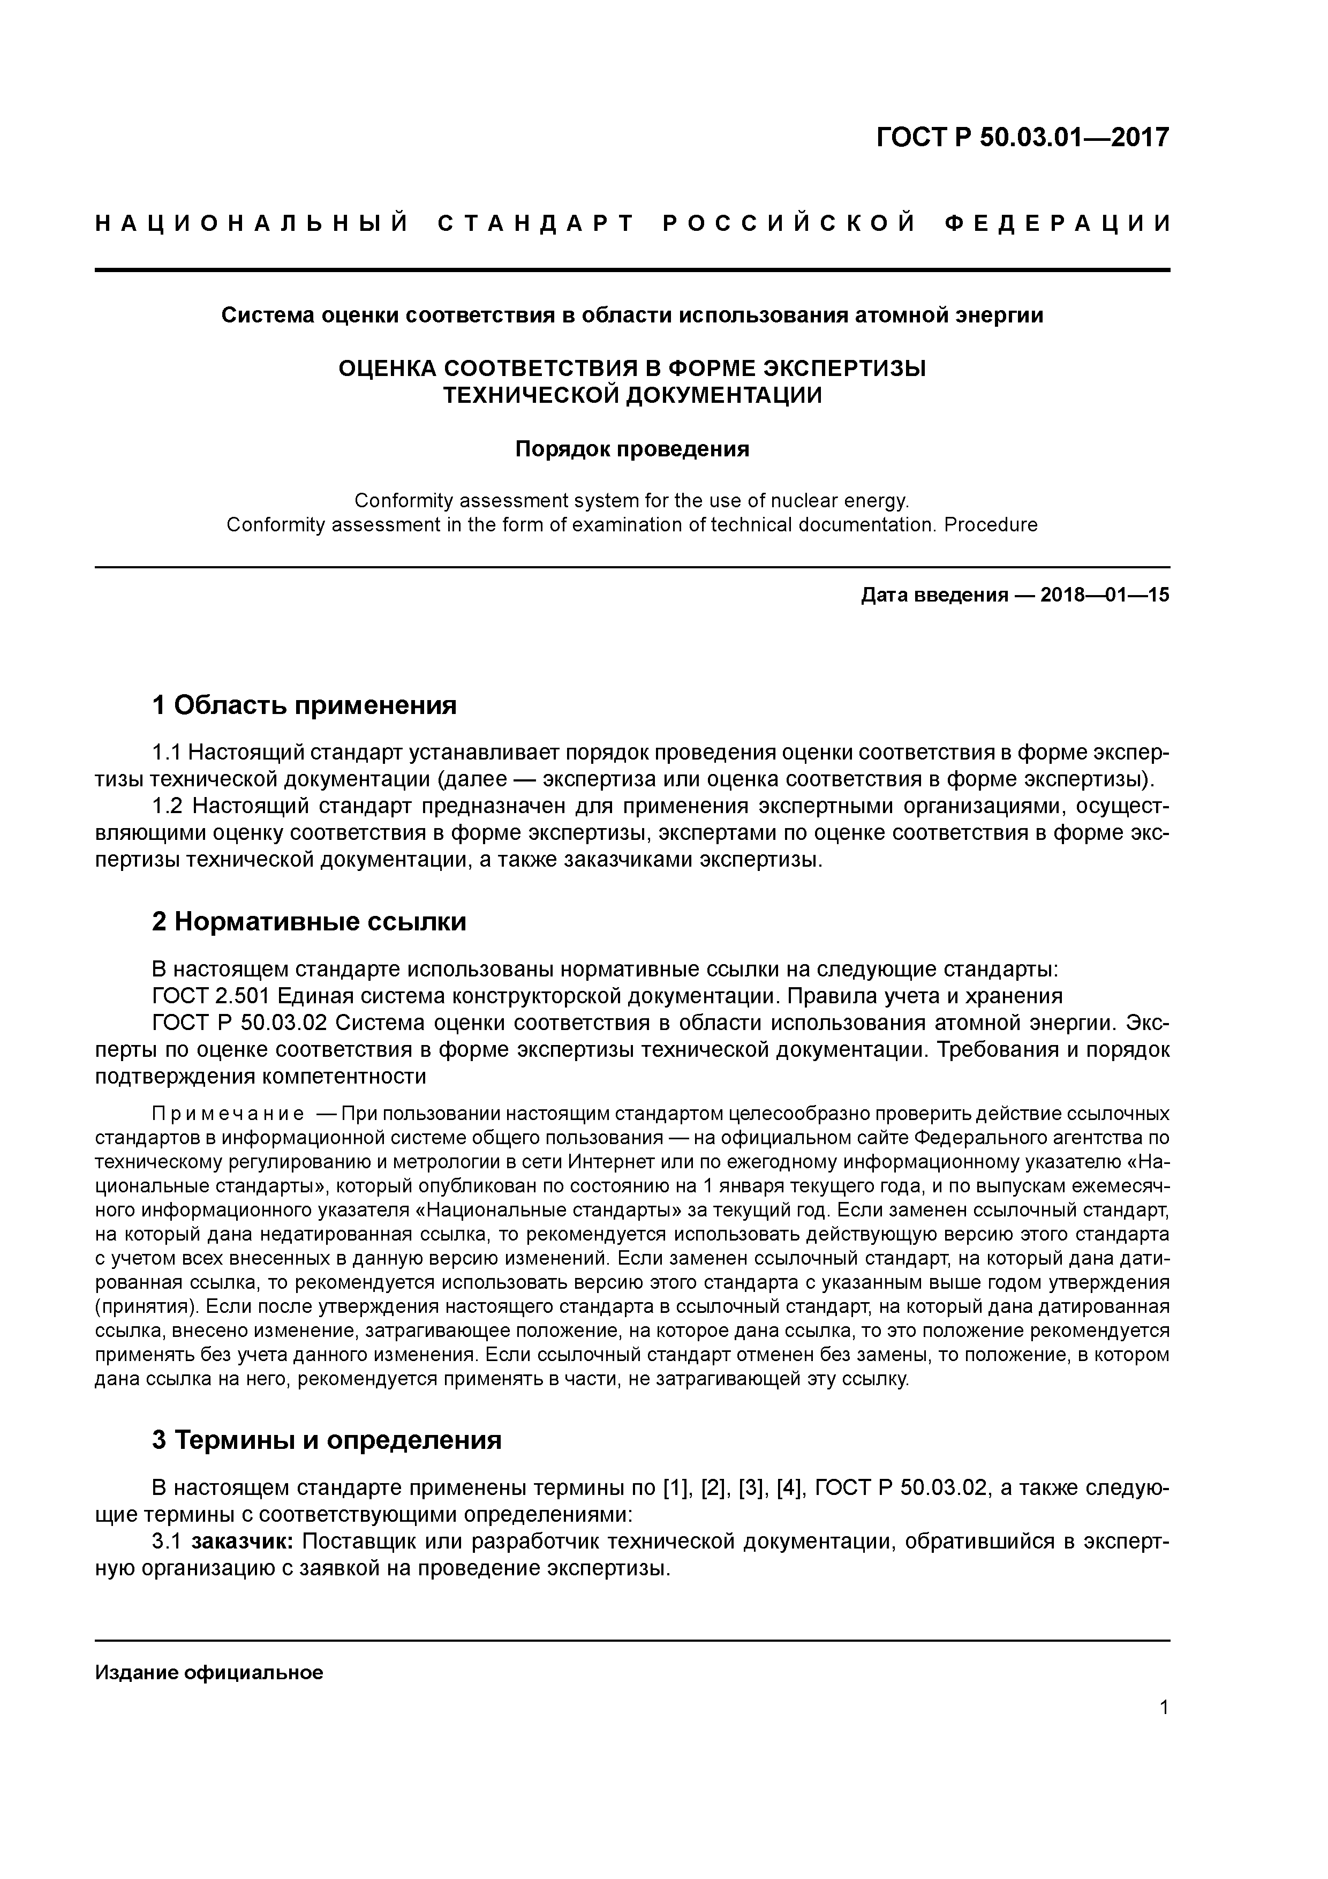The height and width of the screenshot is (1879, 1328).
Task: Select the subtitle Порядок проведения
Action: (x=632, y=449)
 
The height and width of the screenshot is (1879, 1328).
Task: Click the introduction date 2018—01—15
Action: (x=1105, y=595)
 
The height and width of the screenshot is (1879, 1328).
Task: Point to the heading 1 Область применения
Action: (x=304, y=705)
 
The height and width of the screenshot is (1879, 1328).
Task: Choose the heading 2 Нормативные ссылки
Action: (x=310, y=921)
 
